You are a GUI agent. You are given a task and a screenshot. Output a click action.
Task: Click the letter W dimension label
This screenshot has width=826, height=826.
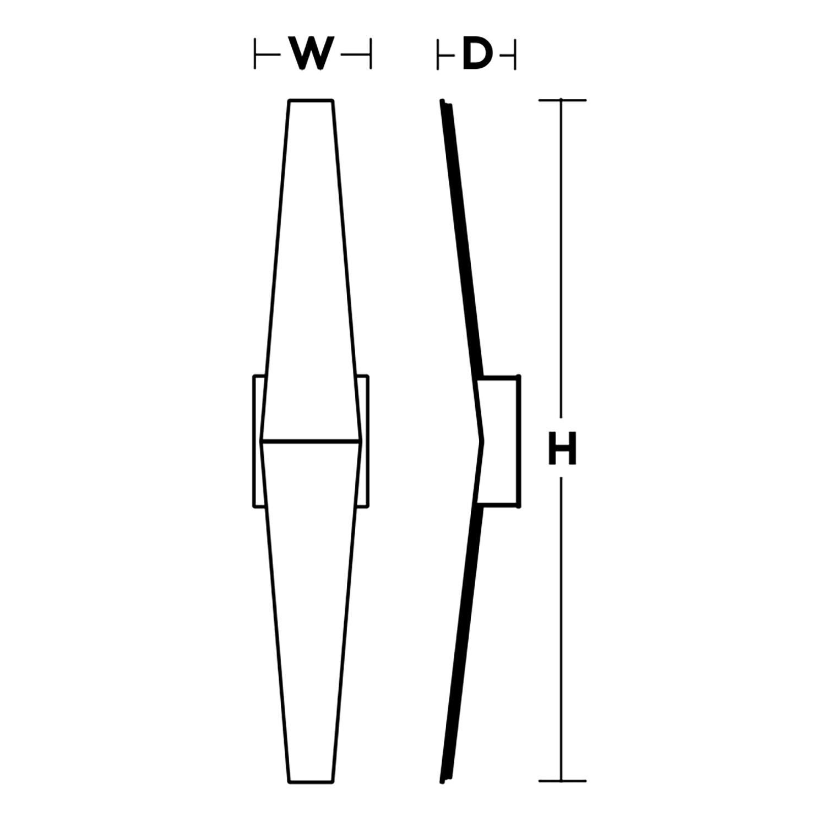click(x=312, y=54)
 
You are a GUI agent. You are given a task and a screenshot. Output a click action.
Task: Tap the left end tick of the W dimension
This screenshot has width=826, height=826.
click(x=255, y=54)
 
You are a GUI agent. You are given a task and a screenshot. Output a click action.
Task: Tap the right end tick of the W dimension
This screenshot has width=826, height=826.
click(x=371, y=54)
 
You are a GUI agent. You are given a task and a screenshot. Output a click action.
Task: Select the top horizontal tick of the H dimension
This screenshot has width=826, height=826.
click(x=562, y=100)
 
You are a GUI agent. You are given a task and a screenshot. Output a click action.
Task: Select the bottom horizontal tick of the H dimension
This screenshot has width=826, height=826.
click(x=562, y=781)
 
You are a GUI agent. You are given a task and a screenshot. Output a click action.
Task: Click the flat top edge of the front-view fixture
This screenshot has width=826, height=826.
click(x=311, y=100)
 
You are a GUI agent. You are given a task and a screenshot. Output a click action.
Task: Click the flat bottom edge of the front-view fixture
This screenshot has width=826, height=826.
click(x=311, y=781)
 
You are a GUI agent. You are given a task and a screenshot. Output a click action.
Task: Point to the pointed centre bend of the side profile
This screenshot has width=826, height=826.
click(x=484, y=441)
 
